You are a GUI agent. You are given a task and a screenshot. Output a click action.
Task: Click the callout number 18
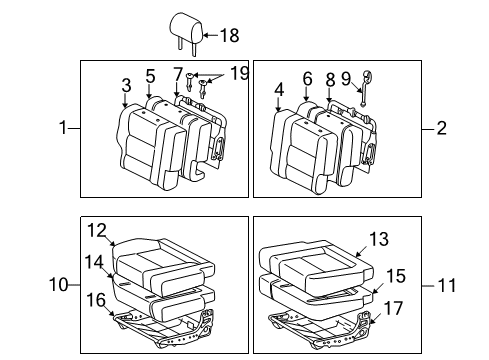pyautogui.click(x=229, y=36)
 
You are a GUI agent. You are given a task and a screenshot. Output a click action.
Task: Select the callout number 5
pyautogui.click(x=150, y=75)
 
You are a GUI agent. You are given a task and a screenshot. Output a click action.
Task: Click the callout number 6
pyautogui.click(x=307, y=78)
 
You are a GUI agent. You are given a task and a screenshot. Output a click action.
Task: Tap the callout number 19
pyautogui.click(x=211, y=75)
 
